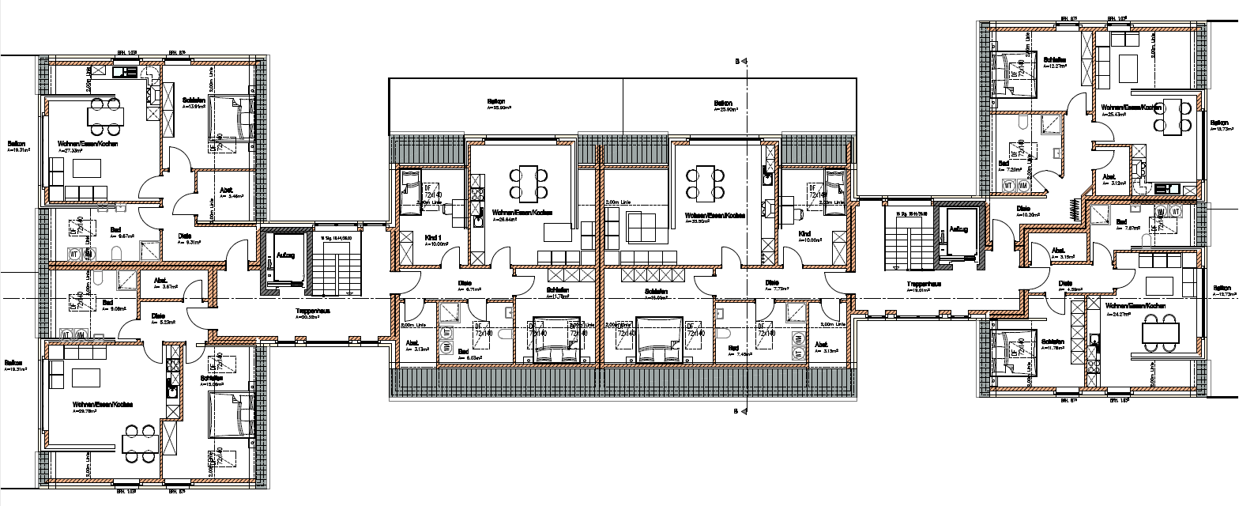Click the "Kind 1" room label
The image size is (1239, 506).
(432, 237)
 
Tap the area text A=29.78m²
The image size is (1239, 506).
(82, 411)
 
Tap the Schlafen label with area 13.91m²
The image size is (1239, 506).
(194, 100)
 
